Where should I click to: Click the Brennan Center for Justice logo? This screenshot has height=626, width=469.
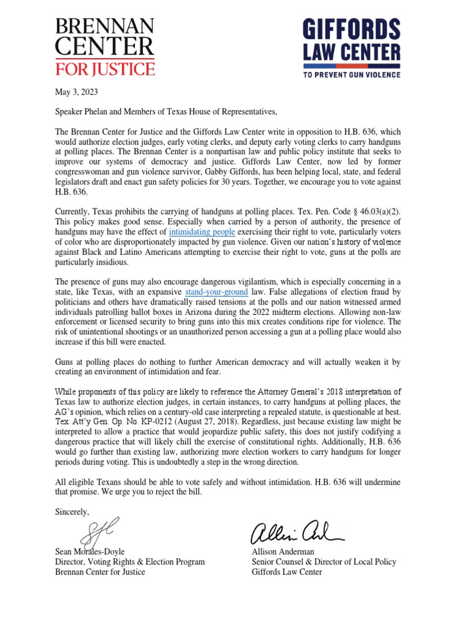point(104,46)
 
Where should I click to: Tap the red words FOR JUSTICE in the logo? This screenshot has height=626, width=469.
point(104,67)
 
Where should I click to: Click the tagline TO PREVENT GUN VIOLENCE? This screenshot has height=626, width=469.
point(352,75)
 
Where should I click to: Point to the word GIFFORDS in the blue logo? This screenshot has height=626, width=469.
point(352,29)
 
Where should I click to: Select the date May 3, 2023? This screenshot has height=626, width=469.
point(76,92)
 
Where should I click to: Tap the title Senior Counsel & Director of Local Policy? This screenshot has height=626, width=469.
point(324,562)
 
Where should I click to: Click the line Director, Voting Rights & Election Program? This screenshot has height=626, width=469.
point(130,562)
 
